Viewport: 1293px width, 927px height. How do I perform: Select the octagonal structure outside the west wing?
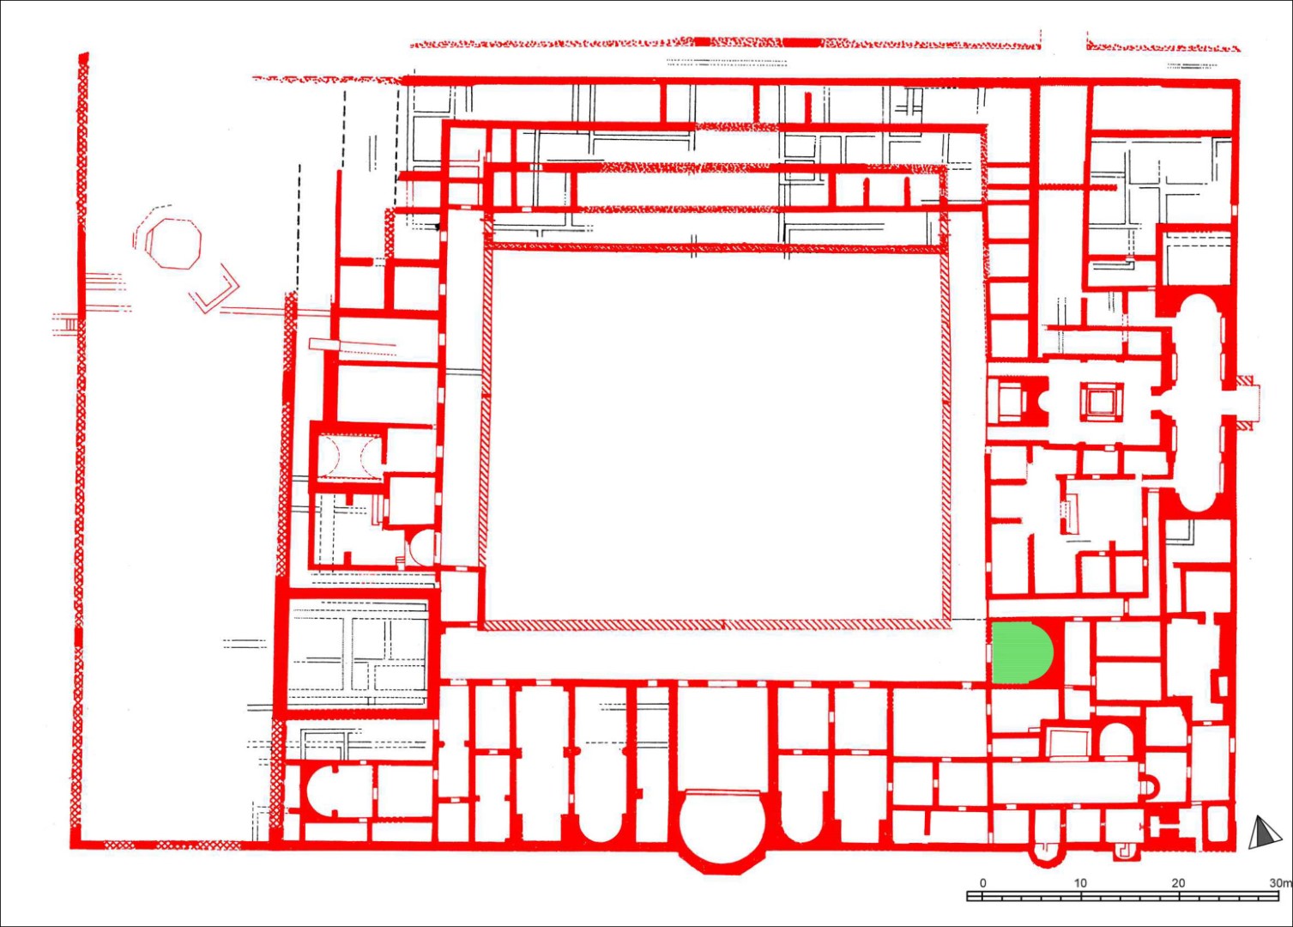point(174,243)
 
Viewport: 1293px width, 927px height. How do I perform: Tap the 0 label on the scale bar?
point(983,883)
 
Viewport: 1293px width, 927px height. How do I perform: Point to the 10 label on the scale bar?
point(1080,883)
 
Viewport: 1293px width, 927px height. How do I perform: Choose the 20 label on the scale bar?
point(1178,883)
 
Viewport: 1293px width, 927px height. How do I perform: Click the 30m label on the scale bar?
point(1280,883)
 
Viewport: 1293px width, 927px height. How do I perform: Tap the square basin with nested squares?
point(1102,402)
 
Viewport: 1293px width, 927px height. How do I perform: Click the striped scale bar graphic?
point(1123,896)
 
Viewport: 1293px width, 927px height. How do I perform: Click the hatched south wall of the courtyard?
point(716,626)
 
